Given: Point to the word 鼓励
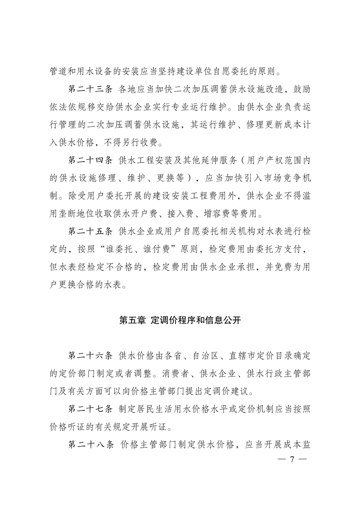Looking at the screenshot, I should [x=301, y=88].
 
